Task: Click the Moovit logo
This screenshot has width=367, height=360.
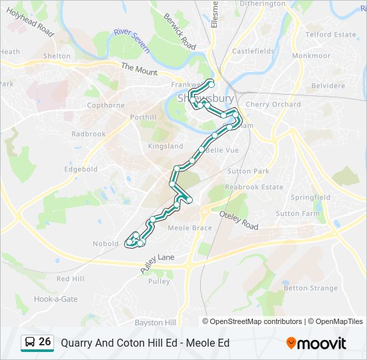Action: [x=316, y=343]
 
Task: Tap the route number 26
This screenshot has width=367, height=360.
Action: [x=45, y=341]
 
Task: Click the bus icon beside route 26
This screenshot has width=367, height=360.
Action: [x=30, y=342]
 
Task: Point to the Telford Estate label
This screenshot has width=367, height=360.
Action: [x=330, y=34]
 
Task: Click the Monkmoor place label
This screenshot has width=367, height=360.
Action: [x=311, y=56]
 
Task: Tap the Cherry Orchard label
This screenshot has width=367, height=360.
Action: [x=273, y=105]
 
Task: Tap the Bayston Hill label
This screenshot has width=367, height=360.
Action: [x=155, y=322]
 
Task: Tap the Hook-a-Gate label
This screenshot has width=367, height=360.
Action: [x=55, y=299]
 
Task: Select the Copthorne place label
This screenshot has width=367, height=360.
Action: [x=105, y=105]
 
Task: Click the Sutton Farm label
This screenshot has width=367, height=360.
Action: [x=298, y=213]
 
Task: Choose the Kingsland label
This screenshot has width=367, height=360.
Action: [x=165, y=146]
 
